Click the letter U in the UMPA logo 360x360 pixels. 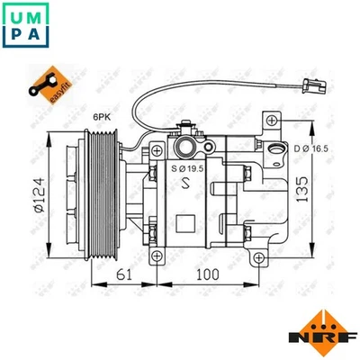coord(17,14)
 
